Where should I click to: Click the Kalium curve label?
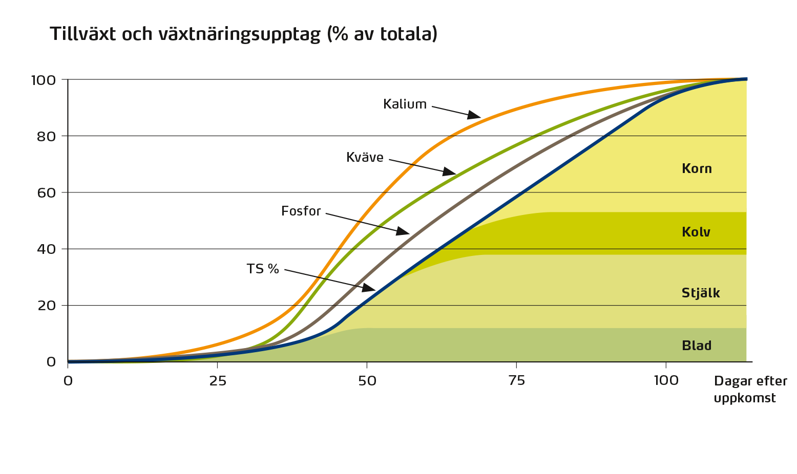coord(405,104)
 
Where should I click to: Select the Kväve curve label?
coord(365,158)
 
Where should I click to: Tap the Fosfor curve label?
coord(301,211)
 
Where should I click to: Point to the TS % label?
coord(263,269)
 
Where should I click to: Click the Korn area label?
coord(697,169)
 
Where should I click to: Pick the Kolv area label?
coord(696,232)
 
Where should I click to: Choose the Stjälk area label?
coord(700,293)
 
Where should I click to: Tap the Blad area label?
coord(697,346)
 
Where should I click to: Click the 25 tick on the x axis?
coord(218,381)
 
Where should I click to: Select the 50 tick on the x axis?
coord(367,381)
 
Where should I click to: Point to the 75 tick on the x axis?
coord(516,381)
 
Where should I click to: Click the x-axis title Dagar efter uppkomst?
coord(749,390)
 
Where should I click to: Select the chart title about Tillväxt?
coord(244,34)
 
